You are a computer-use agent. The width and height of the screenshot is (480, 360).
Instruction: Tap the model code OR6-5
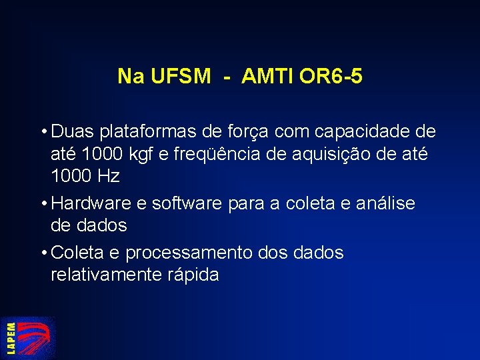pos(331,77)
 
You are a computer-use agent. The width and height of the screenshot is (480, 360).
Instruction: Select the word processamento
pos(189,253)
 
